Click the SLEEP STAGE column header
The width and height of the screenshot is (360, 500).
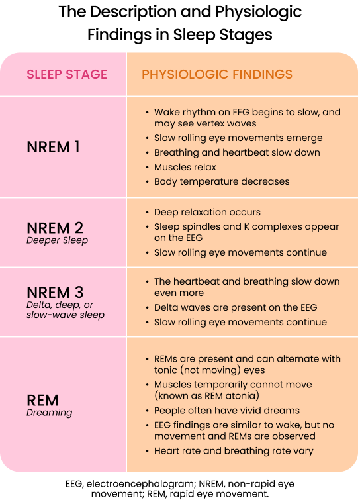tap(67, 74)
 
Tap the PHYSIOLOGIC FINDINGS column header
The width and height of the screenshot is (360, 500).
tap(217, 74)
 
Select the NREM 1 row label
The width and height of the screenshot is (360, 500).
tap(53, 147)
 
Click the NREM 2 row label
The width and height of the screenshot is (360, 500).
tap(55, 228)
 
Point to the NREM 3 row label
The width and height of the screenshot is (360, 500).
tap(55, 293)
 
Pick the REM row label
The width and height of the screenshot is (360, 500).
tap(42, 400)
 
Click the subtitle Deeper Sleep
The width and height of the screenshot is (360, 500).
tap(57, 240)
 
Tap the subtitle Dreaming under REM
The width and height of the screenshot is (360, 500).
tap(49, 413)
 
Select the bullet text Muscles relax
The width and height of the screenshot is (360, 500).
tap(185, 167)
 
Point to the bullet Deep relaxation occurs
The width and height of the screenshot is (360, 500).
tap(207, 213)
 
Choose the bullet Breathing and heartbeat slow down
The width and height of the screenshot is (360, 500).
tap(237, 152)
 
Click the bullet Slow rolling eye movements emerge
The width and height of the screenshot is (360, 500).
tap(238, 138)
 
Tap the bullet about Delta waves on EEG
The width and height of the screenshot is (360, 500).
tap(236, 307)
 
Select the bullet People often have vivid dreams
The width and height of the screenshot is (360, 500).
tap(227, 411)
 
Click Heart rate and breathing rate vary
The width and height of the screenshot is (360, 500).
tap(234, 451)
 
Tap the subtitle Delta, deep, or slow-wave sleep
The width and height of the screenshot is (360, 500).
tap(66, 309)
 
